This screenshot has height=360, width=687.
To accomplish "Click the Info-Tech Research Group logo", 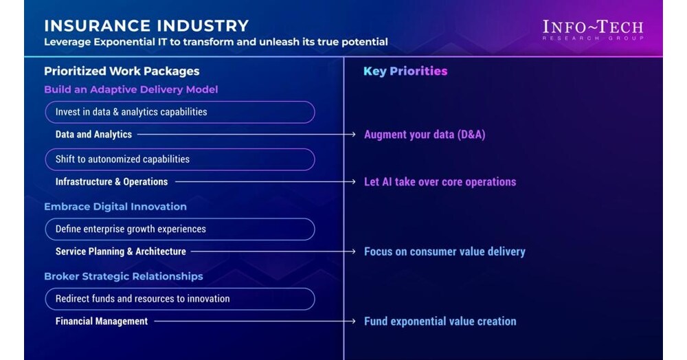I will [592, 30].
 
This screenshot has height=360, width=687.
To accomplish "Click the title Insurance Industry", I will [146, 26].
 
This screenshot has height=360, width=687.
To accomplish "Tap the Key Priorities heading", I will [405, 71].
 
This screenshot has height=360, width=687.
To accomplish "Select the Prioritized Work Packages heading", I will [122, 71].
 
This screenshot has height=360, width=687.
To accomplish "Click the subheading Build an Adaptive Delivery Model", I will [131, 89].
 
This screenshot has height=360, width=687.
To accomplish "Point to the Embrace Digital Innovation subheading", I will [115, 206].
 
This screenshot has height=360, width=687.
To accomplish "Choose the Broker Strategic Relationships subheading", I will [124, 276].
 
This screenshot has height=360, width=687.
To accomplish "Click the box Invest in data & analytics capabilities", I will [180, 112].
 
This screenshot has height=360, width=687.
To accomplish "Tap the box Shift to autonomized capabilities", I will [180, 159].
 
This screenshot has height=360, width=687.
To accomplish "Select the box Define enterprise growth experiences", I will [180, 229].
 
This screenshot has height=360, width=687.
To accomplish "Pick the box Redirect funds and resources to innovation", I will [180, 299].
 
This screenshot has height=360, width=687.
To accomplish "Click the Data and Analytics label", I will [93, 135].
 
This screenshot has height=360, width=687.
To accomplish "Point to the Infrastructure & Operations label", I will [111, 182].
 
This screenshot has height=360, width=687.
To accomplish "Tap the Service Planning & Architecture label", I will [121, 251].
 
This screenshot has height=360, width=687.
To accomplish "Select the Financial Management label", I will [102, 321].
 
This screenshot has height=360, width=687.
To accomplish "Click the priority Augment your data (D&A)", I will [425, 135].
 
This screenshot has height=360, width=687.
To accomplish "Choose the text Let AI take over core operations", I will [440, 182].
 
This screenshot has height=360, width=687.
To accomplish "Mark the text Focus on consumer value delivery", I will [444, 251].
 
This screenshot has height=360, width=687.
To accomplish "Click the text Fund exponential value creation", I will [440, 321].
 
